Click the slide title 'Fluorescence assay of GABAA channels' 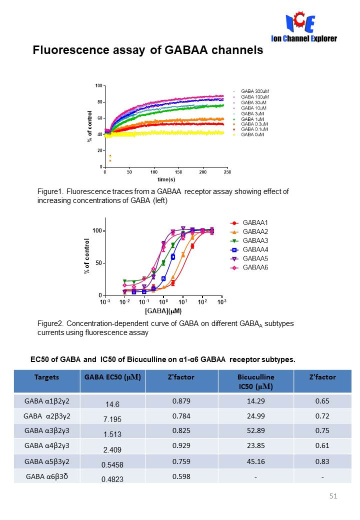coord(147,50)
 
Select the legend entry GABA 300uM coord(254,91)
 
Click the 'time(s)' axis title coord(166,179)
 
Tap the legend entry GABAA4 coord(255,249)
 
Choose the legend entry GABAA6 coord(255,267)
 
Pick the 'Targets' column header coord(47,377)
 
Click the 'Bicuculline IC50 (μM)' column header coord(255,381)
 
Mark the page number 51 coord(333,496)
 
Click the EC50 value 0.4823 coord(111,479)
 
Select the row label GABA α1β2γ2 coord(46,400)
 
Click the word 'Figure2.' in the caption coord(50,323)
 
